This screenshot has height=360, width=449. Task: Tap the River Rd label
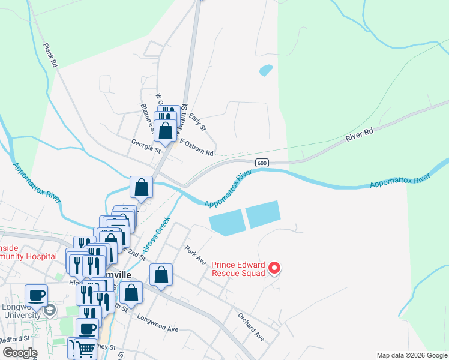coord(360,134)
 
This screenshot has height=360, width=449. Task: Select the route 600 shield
coord(261,163)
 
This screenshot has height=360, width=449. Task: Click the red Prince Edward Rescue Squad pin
coord(274,268)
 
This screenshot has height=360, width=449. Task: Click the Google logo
coord(20,353)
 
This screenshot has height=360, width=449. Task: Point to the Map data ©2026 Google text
coord(412,355)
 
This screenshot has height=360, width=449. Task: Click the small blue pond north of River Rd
coord(265,70)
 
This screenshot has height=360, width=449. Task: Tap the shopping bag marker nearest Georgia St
coord(165,130)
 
